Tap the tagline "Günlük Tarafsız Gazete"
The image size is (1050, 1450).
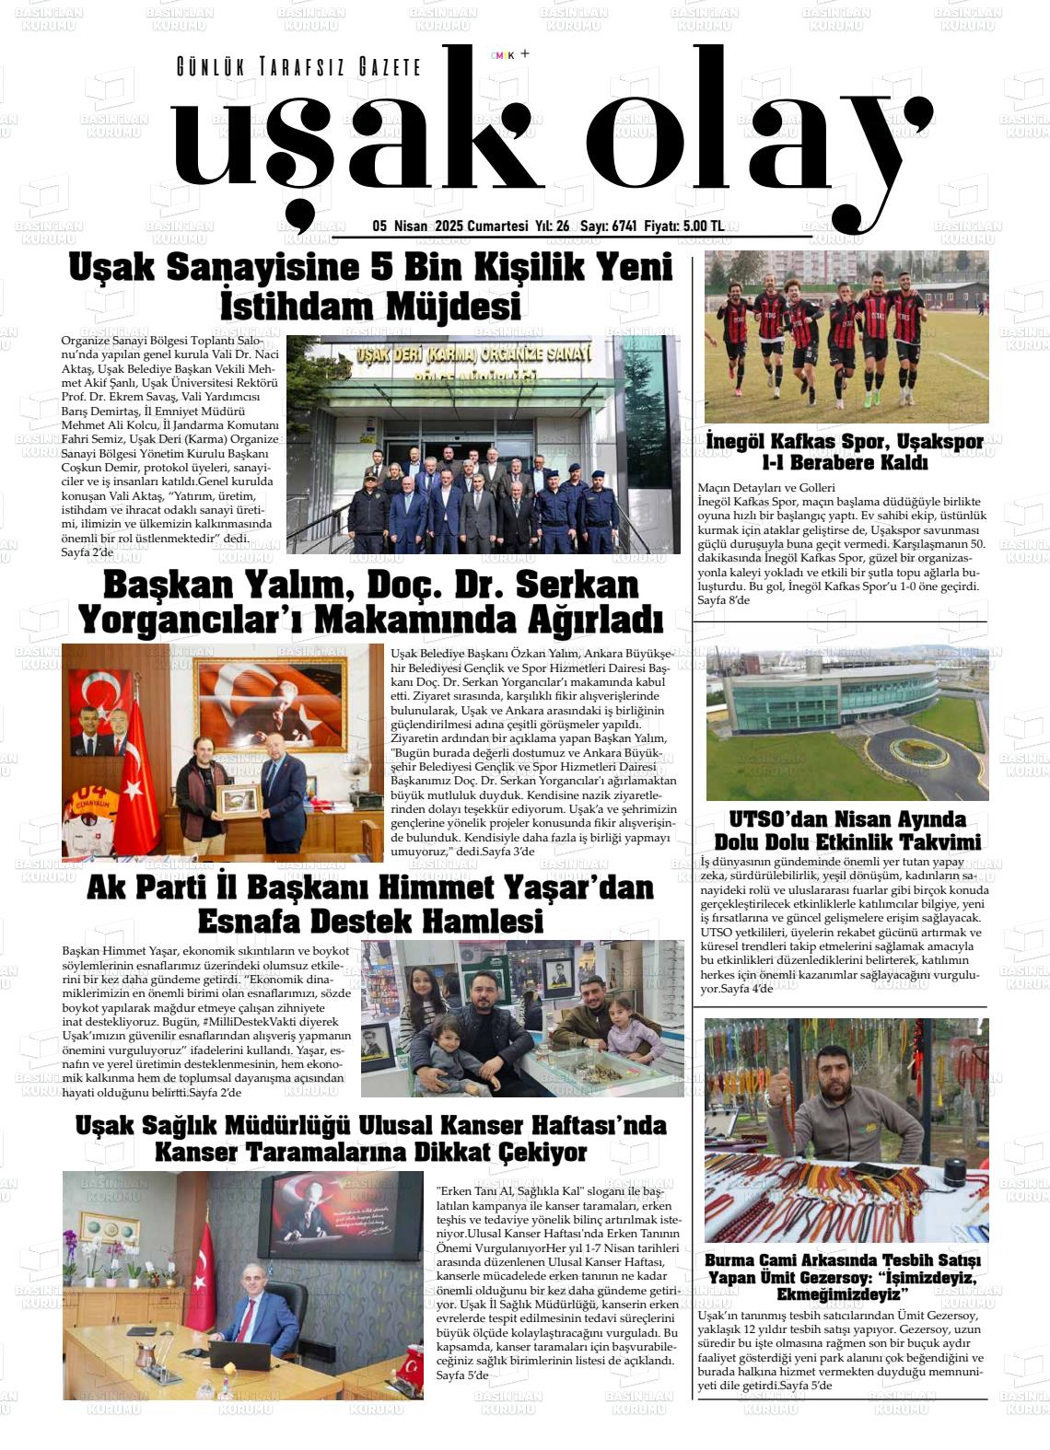point(298,67)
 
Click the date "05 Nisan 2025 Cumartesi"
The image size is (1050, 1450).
point(449,226)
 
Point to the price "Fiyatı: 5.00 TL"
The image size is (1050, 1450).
point(683,226)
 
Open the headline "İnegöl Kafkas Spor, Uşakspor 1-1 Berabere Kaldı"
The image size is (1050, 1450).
point(845,451)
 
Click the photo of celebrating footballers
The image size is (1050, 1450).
point(846,336)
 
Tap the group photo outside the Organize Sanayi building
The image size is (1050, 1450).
point(483,444)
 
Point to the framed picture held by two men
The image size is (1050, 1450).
point(238,801)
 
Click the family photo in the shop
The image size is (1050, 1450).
point(521,1018)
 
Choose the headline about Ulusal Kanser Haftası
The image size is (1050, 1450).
point(370,1138)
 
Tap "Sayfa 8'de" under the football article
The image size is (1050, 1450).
point(724,600)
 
